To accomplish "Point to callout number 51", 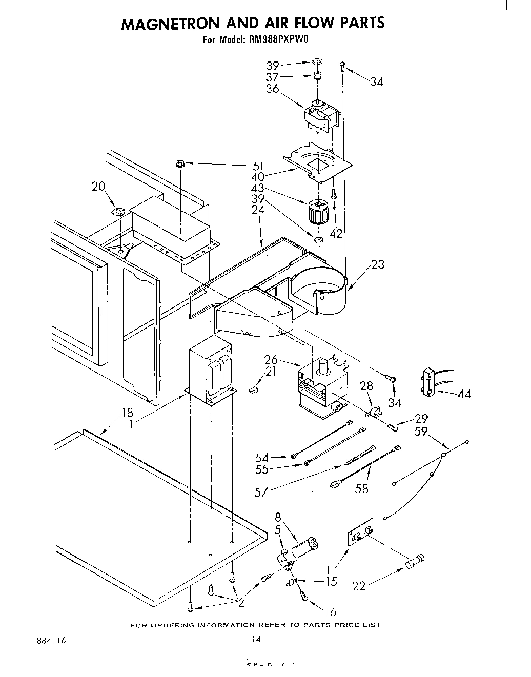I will (258, 166).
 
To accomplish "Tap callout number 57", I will (262, 493).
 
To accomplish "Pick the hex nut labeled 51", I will (180, 163).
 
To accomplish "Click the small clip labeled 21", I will (252, 390).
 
